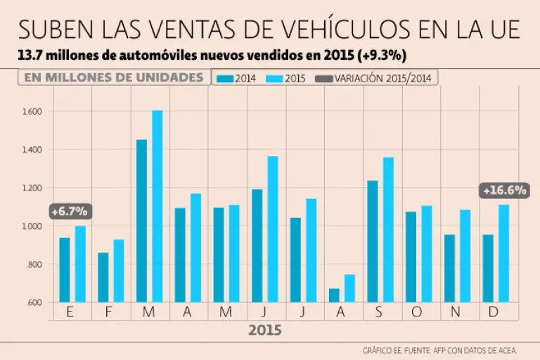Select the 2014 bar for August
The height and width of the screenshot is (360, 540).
(334, 295)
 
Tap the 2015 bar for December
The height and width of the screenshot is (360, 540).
(504, 253)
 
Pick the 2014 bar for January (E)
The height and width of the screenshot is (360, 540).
(65, 270)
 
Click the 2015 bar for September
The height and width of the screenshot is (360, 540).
(389, 230)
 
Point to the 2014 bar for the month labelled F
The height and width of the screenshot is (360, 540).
(103, 277)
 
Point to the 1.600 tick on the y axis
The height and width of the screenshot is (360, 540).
(33, 111)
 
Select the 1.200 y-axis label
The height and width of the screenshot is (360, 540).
(33, 188)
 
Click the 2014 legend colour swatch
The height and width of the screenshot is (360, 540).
(226, 79)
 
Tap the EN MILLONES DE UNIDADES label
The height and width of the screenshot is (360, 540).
(113, 77)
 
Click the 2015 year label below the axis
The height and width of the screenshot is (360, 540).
(264, 330)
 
